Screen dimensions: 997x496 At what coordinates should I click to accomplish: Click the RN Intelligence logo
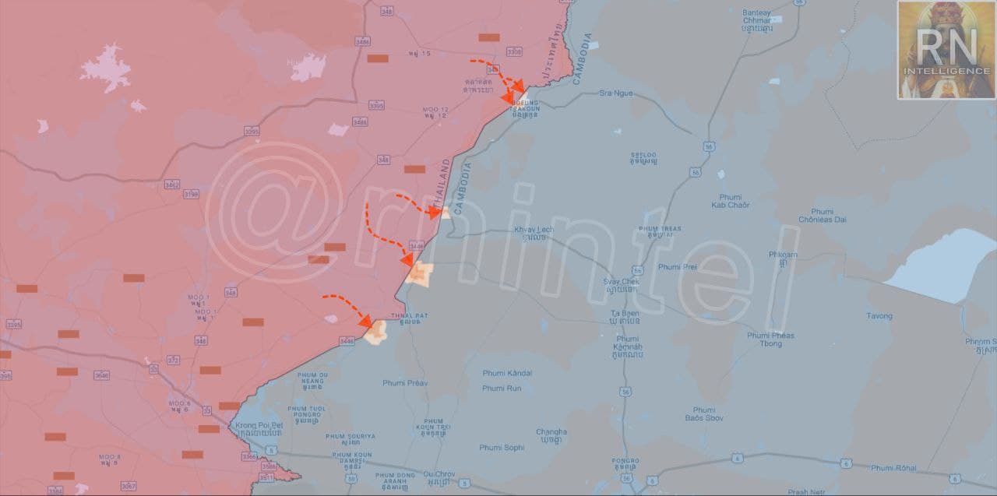(x=946, y=50)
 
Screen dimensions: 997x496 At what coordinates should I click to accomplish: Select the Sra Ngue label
(x=615, y=93)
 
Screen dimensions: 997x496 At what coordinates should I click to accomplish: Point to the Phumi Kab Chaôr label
(x=730, y=201)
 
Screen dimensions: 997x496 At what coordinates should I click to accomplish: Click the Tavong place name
(x=879, y=316)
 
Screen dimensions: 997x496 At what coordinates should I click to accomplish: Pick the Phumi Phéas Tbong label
(x=770, y=339)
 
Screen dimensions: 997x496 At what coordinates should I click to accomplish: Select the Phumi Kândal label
(x=507, y=373)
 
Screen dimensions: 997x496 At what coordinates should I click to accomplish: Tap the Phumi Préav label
(x=405, y=383)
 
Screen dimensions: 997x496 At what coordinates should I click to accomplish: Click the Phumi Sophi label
(x=502, y=448)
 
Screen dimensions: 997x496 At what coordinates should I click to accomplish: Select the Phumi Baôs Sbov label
(x=704, y=414)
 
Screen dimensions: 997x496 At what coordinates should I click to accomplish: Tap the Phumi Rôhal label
(x=893, y=468)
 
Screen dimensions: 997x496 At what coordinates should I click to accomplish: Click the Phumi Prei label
(x=677, y=267)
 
